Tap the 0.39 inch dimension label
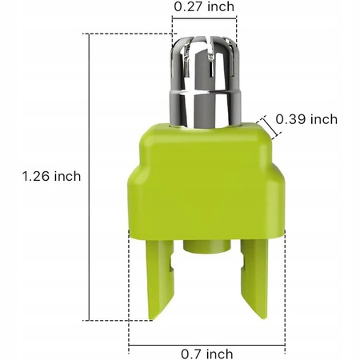coord(306,119)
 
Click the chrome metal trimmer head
coord(204,84)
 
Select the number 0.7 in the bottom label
coord(190,353)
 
